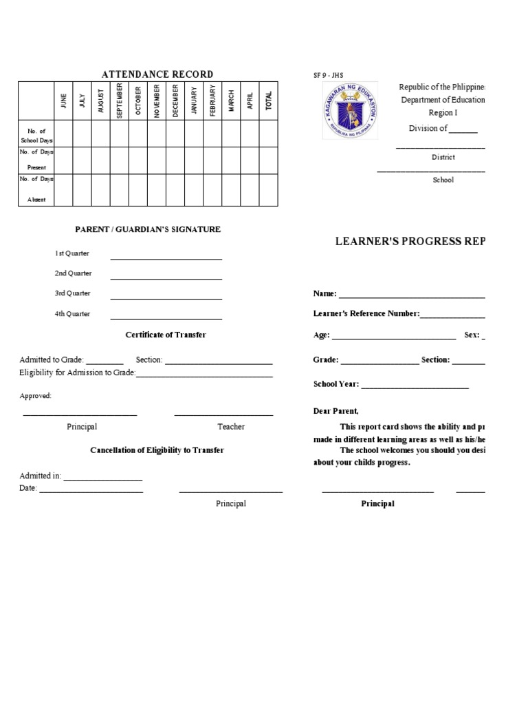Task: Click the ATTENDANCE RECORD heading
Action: click(x=157, y=74)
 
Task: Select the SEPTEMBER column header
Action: click(x=120, y=101)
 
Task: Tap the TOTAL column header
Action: click(x=269, y=101)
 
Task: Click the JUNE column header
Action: click(x=63, y=101)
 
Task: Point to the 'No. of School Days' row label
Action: click(x=36, y=134)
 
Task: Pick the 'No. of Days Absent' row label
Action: click(x=36, y=189)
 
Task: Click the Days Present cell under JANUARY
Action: click(x=194, y=160)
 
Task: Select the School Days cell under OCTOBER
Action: click(x=138, y=134)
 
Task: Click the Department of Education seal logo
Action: click(x=349, y=112)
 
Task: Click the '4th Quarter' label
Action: click(x=73, y=314)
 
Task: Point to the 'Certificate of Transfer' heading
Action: click(x=166, y=335)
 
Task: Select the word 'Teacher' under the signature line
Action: click(x=231, y=427)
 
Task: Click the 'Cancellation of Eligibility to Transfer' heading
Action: click(x=157, y=450)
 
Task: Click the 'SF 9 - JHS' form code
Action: click(x=328, y=75)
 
